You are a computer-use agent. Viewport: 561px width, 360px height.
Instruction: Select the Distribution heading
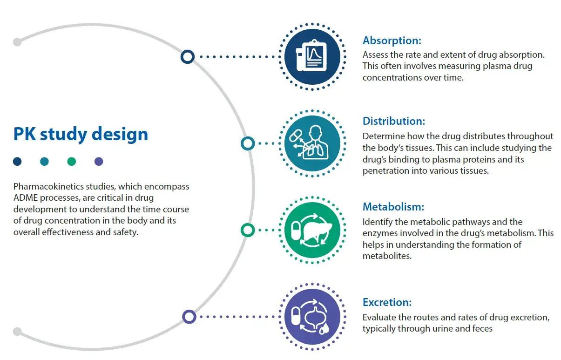point(394,121)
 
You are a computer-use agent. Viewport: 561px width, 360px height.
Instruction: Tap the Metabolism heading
point(393,206)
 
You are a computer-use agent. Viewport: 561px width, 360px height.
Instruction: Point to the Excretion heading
point(387,302)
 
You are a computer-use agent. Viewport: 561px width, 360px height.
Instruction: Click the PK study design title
point(81,134)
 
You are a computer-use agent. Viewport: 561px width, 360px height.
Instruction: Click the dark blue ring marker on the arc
point(187,57)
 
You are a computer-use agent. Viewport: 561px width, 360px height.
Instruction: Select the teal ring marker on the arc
point(248,143)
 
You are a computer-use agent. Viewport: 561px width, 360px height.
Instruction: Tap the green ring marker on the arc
point(248,230)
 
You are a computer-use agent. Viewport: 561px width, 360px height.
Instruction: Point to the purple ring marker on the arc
point(189,317)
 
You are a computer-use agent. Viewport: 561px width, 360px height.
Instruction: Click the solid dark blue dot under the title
point(17,162)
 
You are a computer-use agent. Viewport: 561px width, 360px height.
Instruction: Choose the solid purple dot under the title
point(99,162)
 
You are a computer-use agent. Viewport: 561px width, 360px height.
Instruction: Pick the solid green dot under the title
point(71,162)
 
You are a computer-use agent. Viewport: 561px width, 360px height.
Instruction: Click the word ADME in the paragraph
point(25,198)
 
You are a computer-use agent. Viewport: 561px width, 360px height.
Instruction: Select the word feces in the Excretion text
point(481,329)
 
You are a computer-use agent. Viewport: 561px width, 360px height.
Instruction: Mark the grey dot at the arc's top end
point(17,41)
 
